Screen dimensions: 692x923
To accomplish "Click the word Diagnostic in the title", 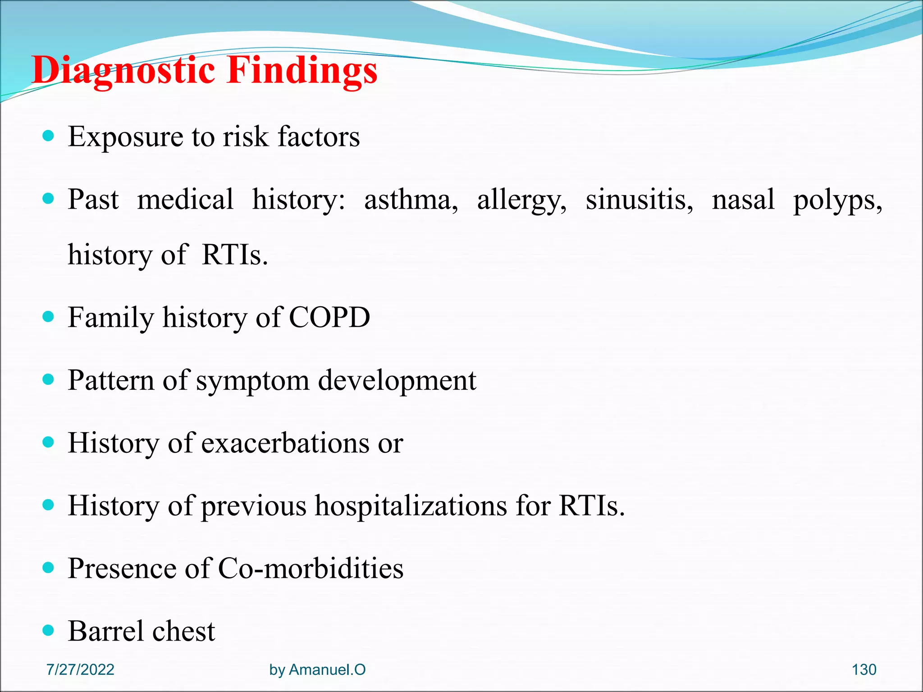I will [123, 71].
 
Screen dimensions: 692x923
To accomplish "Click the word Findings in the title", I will [302, 71].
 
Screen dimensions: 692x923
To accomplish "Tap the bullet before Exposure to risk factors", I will [48, 136].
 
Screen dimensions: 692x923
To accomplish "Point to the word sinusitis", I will [639, 200].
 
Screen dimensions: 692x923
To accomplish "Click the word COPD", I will [329, 317].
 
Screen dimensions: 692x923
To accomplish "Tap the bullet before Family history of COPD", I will [48, 316].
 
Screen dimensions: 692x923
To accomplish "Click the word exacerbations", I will [285, 443].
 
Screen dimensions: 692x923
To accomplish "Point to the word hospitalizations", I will [411, 506].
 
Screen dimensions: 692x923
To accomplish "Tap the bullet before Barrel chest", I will [48, 630].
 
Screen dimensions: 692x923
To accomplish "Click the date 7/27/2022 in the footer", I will [80, 669].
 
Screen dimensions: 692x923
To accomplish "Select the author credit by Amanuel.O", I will [317, 669].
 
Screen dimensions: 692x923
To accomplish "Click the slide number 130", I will [864, 669].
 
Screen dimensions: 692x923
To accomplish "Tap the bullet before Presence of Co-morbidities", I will [48, 567].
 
